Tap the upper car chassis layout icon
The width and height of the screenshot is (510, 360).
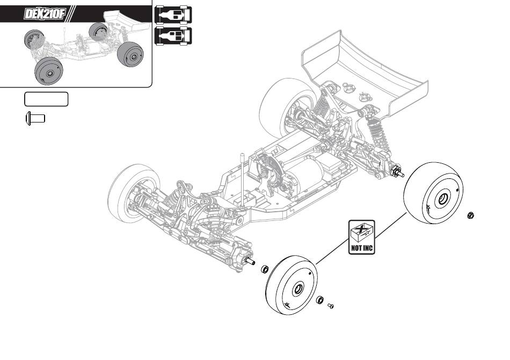tap(172, 16)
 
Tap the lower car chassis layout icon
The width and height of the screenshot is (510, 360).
tap(172, 35)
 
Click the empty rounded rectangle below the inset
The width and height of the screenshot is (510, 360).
tap(46, 99)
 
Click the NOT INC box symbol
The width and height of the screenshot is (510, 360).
tap(361, 236)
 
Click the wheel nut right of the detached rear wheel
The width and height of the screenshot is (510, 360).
tap(471, 215)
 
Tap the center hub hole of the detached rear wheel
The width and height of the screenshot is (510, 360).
tap(443, 199)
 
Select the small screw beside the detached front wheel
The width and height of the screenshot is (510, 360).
tap(331, 306)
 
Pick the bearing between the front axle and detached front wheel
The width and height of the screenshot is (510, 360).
tap(265, 268)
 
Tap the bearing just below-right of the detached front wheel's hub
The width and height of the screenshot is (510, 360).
tap(319, 300)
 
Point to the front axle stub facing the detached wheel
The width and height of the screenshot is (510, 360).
tap(249, 260)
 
